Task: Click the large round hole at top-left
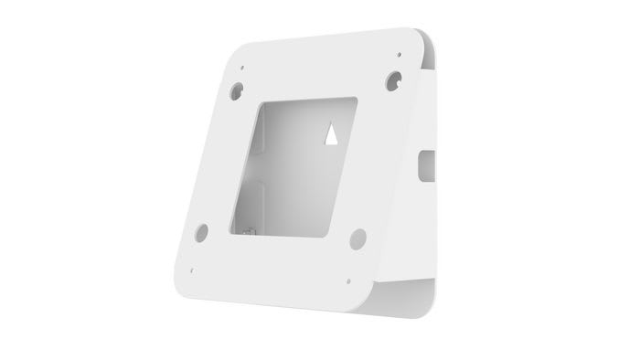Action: pyautogui.click(x=237, y=90)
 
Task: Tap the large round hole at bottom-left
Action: pyautogui.click(x=201, y=232)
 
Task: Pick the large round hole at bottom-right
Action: pyautogui.click(x=357, y=238)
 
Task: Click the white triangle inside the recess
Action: pyautogui.click(x=331, y=134)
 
